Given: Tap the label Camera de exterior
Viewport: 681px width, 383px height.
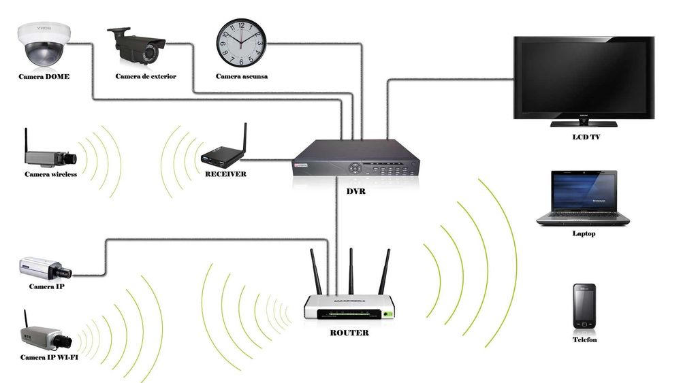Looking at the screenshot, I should pos(146,76).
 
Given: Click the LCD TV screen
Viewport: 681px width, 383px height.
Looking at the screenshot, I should pos(583,77).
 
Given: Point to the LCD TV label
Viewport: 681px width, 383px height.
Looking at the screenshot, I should pos(586,137).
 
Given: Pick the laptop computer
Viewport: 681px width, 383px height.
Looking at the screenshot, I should pos(583,198).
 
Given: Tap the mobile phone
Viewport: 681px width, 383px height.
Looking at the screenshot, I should pos(584,307).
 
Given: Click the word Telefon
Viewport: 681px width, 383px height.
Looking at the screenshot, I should pos(584,339).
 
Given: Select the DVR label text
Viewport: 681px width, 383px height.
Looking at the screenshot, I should pos(355,191).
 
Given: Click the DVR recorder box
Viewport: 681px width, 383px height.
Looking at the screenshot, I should pos(356,161).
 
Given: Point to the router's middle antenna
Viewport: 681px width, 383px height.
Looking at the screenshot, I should pos(351,272).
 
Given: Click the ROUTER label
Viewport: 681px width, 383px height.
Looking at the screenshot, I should pos(349,333).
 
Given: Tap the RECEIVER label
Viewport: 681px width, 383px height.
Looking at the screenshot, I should pos(225,174).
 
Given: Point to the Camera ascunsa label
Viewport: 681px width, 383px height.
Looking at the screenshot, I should pos(242,76).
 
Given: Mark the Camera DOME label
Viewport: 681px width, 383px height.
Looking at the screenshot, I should pos(44,76).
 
